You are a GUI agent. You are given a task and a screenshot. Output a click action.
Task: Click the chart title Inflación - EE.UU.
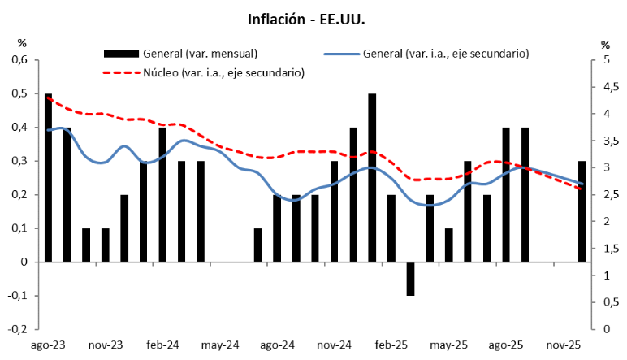click(x=313, y=17)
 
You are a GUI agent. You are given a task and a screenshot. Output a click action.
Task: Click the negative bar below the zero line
click(x=411, y=279)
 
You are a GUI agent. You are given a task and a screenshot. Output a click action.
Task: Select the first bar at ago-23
click(x=49, y=177)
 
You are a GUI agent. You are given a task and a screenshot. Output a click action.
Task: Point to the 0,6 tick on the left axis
click(x=19, y=60)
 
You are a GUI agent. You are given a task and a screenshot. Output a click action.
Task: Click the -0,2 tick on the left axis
click(x=18, y=330)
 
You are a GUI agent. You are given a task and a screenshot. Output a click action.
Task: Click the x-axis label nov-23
click(x=106, y=345)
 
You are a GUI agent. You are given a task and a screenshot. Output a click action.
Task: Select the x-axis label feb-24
click(x=162, y=345)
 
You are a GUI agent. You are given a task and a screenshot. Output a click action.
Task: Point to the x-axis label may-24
click(x=220, y=345)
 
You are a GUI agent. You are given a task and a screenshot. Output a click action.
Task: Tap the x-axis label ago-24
click(x=277, y=345)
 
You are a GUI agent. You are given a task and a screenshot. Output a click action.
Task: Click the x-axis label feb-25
click(x=391, y=345)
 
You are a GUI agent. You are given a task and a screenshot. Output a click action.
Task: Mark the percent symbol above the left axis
click(x=23, y=44)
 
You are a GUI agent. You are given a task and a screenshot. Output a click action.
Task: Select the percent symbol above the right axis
click(x=605, y=44)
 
